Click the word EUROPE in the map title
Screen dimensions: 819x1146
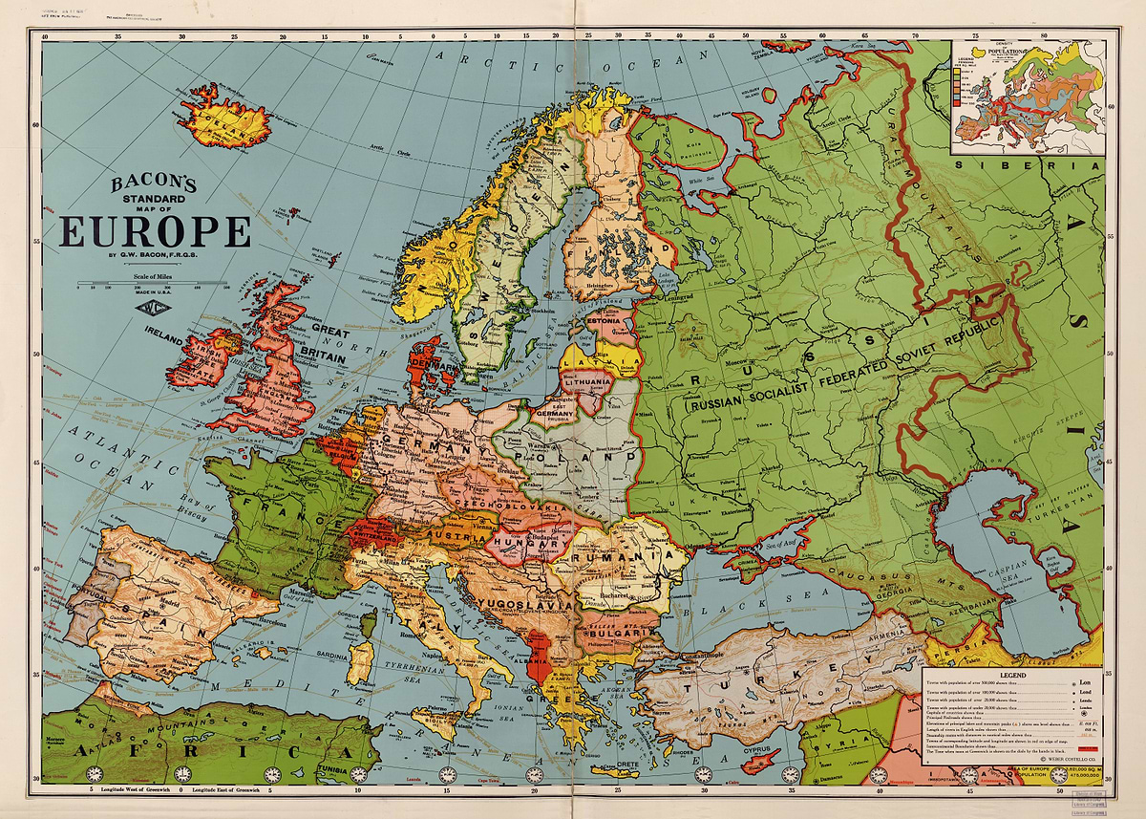point(156,232)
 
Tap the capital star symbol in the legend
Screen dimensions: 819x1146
point(1085,712)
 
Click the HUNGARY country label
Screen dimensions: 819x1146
point(520,546)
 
